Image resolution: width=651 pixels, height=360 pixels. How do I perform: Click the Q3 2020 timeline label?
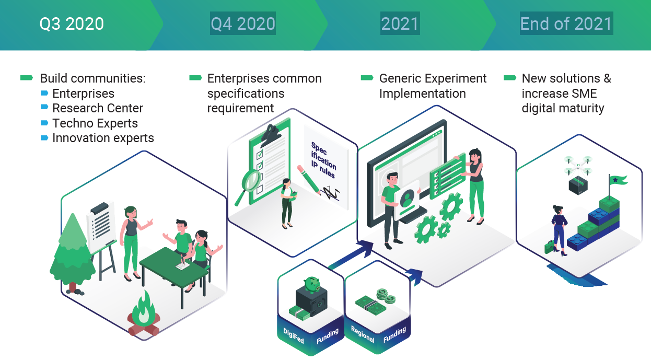[x=72, y=24]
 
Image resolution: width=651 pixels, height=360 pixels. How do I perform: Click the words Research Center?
[x=98, y=108]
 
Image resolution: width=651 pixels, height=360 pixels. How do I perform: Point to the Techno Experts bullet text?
[x=95, y=123]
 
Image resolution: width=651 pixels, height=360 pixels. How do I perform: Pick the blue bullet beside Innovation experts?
[x=44, y=138]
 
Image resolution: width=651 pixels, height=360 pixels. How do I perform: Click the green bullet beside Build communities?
[x=27, y=77]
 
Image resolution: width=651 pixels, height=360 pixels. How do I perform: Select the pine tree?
[x=72, y=253]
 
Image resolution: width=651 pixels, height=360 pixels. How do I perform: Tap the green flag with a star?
[x=618, y=180]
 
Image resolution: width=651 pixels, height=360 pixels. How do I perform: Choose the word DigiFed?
[x=294, y=336]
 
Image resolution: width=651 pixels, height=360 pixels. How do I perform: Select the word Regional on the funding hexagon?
[x=363, y=334]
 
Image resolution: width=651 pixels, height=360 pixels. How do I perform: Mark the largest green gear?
[x=451, y=206]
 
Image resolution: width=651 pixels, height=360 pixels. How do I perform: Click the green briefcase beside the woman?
[x=549, y=247]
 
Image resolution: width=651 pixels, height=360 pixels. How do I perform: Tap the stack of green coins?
[x=386, y=296]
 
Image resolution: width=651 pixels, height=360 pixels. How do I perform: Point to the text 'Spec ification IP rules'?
[x=323, y=160]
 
